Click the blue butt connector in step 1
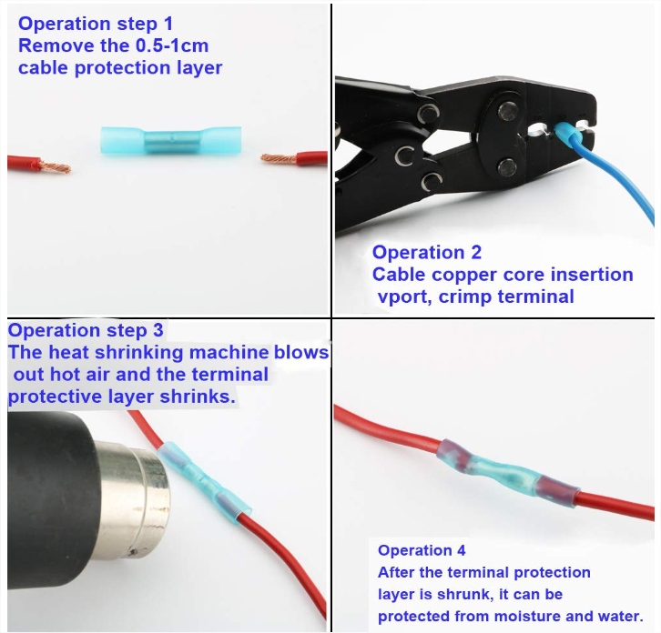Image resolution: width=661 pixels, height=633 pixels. pos(171,141)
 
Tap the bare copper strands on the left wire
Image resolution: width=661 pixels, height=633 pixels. pos(56,166)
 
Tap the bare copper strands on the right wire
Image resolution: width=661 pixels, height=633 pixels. pos(279,159)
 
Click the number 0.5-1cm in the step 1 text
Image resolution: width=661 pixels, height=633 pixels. pos(172,45)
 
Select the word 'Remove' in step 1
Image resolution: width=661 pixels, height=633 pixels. pos(56,45)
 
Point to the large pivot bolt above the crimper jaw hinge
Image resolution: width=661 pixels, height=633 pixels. pos(508,112)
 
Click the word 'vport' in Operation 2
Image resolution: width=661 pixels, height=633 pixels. pos(404,296)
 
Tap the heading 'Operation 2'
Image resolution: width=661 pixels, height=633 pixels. pos(427,252)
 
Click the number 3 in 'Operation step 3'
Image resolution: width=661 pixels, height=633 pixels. pos(158,330)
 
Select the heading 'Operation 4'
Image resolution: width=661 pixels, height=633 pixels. pos(422,550)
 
